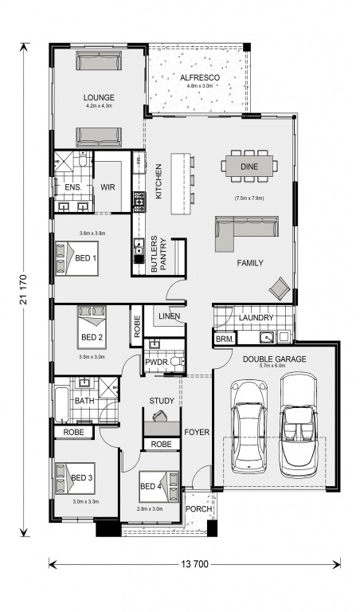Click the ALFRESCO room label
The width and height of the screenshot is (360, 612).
200,77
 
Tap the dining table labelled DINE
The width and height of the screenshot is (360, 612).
249,167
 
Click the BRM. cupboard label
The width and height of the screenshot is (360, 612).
225,340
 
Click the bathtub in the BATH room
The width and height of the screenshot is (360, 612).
61,404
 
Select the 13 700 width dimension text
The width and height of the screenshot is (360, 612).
194,563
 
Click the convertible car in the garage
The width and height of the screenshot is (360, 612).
299,426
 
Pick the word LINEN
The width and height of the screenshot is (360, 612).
170,316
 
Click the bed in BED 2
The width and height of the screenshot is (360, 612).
92,327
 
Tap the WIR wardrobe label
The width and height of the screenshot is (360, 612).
108,187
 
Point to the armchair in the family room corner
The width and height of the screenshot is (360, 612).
280,288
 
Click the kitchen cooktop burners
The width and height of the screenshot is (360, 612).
139,201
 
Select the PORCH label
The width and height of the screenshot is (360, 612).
198,509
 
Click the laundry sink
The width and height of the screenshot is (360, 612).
267,336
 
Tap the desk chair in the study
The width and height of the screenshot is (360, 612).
160,416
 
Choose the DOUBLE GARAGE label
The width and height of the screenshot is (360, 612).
275,359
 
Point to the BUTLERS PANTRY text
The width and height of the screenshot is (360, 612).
159,253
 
